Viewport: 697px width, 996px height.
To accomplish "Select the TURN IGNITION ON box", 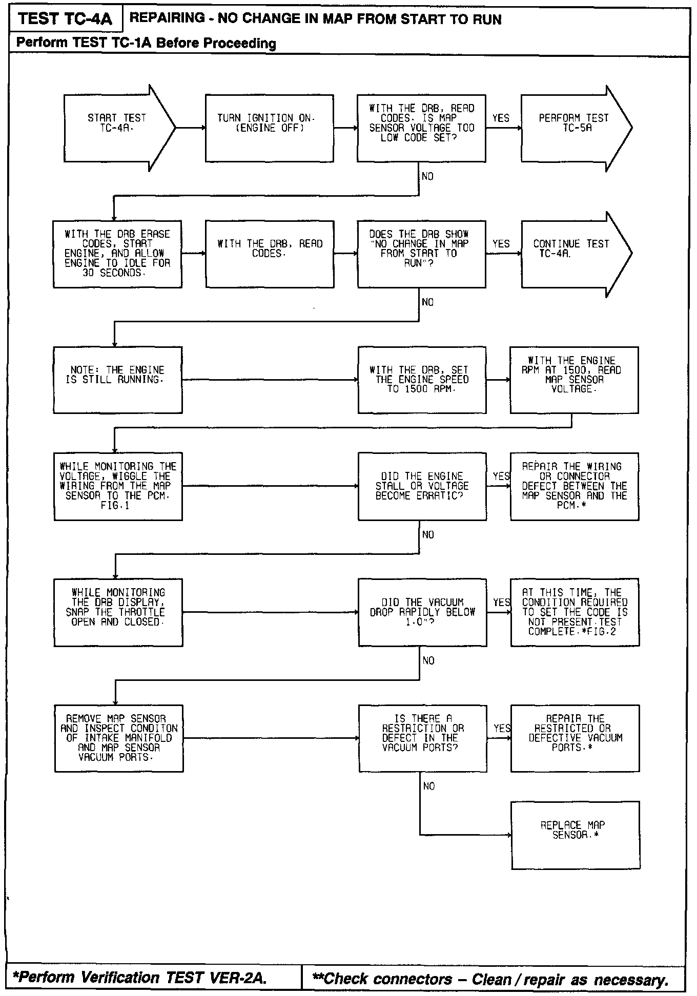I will [x=270, y=128].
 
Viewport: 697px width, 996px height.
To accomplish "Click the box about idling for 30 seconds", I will [x=117, y=254].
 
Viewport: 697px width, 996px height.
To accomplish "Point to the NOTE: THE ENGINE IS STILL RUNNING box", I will [x=117, y=380].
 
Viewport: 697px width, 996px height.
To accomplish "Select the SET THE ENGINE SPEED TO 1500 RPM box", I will [x=422, y=380].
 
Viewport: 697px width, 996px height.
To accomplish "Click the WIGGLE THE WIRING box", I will [x=118, y=486].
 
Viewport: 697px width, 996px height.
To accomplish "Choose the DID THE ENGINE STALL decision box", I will [x=422, y=486].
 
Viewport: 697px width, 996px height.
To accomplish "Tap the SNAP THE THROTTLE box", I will [x=118, y=612].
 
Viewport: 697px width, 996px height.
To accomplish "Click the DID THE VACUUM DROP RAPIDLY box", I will [x=422, y=612].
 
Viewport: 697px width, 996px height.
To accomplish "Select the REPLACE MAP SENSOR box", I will [x=576, y=835].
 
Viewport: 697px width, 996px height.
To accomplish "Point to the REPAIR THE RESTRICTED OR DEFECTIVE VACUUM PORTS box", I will [x=575, y=738].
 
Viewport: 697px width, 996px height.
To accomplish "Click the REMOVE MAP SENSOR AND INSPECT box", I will [x=119, y=738].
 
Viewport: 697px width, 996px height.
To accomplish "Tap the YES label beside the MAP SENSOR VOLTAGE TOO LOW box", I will [x=501, y=118].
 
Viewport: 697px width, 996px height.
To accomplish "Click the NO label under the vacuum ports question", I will [x=429, y=786].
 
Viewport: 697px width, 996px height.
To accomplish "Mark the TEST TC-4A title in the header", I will [x=65, y=19].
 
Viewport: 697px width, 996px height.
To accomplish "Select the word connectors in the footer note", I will [x=413, y=979].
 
